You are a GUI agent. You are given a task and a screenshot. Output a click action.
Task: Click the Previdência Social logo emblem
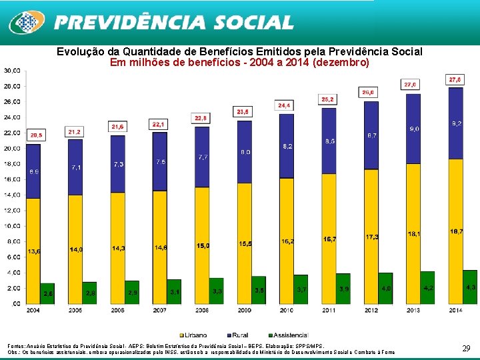click(27, 23)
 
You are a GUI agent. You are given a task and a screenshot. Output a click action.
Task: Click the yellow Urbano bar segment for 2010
click(286, 240)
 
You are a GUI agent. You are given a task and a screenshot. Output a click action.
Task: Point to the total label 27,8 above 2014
click(455, 80)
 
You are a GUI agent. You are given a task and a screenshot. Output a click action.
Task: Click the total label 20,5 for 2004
click(36, 135)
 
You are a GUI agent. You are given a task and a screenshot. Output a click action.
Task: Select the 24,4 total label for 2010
click(285, 105)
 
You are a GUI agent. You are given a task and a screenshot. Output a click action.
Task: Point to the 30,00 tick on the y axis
click(11, 71)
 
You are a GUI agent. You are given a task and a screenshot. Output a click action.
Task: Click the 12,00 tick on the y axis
click(11, 210)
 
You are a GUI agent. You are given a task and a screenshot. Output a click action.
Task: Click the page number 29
click(466, 348)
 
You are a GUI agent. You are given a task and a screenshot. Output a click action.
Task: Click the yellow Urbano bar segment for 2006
click(117, 247)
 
